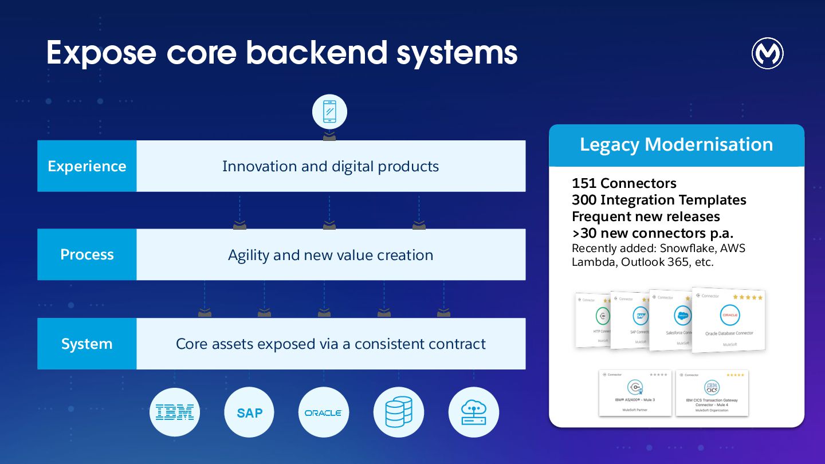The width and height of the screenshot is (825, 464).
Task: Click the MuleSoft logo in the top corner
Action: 767,54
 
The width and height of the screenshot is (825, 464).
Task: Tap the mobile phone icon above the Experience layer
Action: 329,111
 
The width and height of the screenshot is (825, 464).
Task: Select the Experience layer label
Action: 87,166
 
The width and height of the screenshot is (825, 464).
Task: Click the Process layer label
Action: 87,255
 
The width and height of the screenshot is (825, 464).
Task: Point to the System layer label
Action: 87,344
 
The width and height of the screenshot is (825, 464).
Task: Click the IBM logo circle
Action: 175,412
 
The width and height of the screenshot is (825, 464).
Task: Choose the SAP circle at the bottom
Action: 249,412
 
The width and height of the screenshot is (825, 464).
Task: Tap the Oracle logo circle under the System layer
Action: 324,412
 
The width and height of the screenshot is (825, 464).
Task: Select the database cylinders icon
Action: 399,412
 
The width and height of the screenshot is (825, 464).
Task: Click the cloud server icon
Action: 473,412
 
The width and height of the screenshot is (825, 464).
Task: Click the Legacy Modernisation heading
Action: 676,144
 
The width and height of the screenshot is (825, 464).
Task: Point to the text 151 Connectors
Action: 624,183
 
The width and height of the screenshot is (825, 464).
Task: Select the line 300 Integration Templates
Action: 659,200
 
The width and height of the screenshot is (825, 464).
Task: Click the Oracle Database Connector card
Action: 729,321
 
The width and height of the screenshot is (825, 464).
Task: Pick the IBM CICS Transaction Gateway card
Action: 712,393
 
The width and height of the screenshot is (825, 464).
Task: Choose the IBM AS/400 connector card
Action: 635,393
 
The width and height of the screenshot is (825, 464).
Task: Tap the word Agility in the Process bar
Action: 249,255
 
